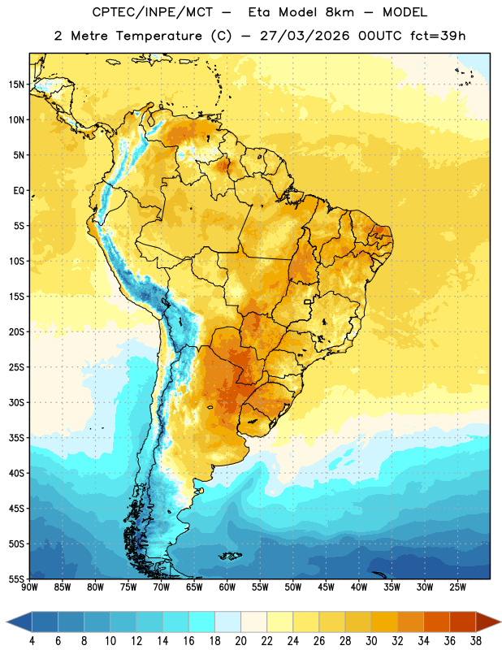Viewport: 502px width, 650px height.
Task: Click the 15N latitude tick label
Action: coord(16,84)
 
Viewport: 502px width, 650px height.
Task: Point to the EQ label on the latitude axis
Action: coord(19,191)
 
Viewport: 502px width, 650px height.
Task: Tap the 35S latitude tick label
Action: coord(16,438)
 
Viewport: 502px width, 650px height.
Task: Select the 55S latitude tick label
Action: coord(16,578)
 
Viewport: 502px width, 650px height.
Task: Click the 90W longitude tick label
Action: coord(29,587)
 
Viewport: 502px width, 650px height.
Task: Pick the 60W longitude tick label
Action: coord(227,587)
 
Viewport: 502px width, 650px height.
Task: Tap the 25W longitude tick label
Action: coord(457,587)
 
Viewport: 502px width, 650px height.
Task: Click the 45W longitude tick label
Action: coord(326,587)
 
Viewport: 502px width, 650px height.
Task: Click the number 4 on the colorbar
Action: coord(32,641)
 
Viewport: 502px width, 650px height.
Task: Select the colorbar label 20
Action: coord(240,641)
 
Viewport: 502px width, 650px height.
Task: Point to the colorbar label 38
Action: coord(476,641)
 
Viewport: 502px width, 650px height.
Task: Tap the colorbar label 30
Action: coord(371,641)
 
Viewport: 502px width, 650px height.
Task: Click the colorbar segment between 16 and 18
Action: coord(202,622)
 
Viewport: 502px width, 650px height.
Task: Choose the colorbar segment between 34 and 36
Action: coord(437,622)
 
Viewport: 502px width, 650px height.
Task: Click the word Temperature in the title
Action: coord(158,36)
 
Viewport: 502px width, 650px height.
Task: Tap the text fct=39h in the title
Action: coord(438,36)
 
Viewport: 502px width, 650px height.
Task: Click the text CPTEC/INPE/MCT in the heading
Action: coord(152,12)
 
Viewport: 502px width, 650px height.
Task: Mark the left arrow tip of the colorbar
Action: coord(6,622)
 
